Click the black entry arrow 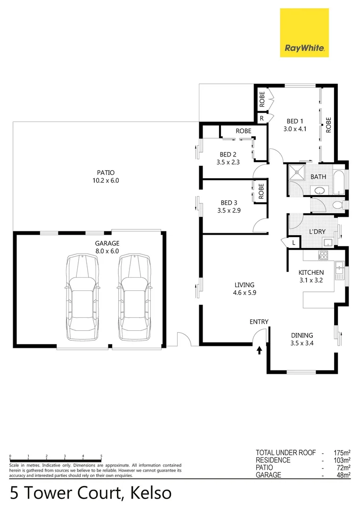[x=259, y=350]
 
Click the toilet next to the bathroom [x=337, y=205]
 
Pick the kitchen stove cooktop [x=324, y=255]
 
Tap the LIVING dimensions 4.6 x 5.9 [x=245, y=293]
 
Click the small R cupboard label [x=262, y=118]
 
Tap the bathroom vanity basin [x=319, y=191]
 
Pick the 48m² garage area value [x=343, y=475]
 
